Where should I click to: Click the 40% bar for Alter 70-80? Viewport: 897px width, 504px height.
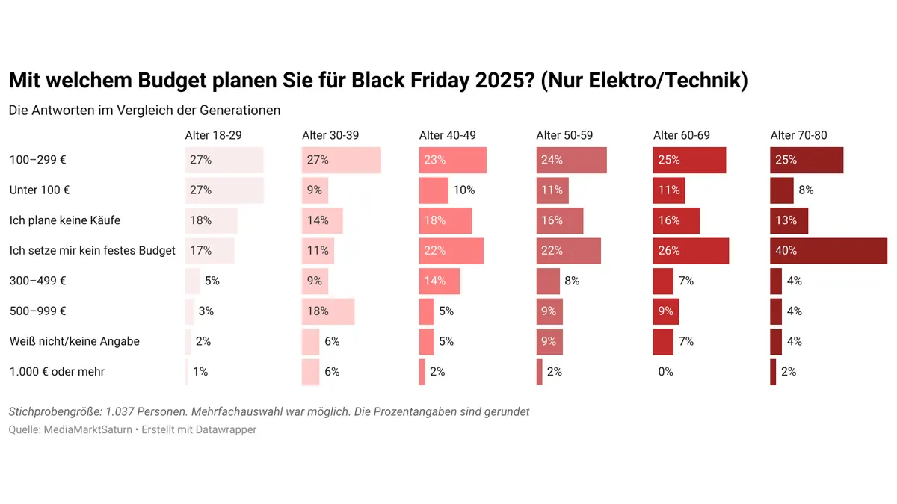[828, 251]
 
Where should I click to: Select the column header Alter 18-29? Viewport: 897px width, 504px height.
[213, 135]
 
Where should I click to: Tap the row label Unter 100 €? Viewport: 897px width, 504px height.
[40, 190]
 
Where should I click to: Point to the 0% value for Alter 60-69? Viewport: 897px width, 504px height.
[665, 372]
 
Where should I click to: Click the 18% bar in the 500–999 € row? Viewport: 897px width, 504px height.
[328, 311]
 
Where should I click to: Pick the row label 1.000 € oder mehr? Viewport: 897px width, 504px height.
[56, 372]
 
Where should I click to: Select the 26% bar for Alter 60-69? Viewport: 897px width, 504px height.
[690, 251]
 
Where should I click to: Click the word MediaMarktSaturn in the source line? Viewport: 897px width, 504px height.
[89, 430]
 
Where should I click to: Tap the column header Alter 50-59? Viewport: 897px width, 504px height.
[564, 135]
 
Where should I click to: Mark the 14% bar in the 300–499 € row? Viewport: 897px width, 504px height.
[440, 281]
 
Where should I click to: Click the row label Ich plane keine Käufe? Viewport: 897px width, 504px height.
[64, 220]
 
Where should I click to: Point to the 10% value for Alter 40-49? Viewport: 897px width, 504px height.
[463, 190]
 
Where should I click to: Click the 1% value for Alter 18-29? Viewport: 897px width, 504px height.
[200, 372]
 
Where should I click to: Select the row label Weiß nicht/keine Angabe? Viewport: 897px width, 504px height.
[74, 341]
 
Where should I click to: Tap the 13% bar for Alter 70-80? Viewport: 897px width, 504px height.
[789, 221]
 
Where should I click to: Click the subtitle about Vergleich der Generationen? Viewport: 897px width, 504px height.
[144, 111]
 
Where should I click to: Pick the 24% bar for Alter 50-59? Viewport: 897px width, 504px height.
[571, 160]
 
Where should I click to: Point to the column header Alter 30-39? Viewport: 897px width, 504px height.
[330, 135]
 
